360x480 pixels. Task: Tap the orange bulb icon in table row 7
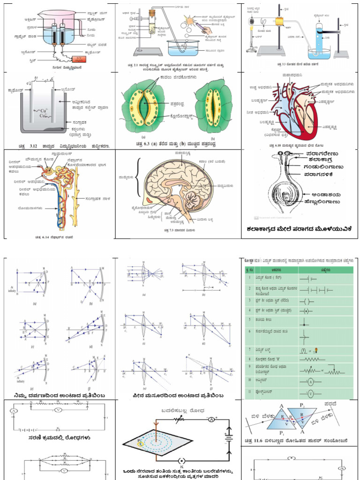(315, 350)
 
